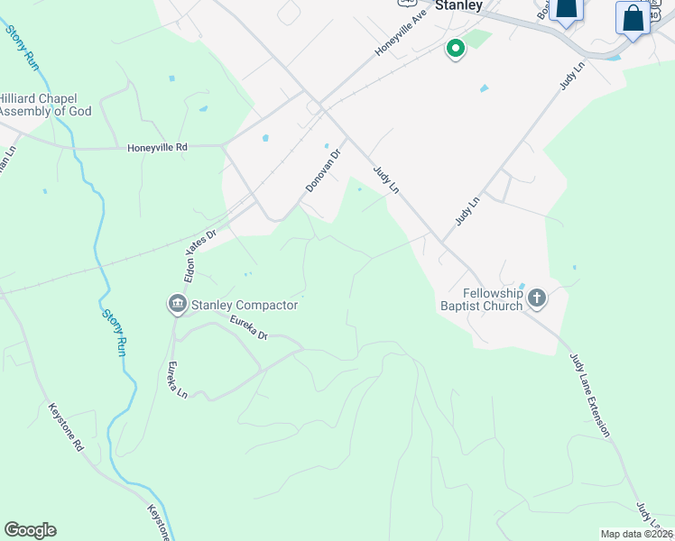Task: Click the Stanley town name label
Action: [x=458, y=5]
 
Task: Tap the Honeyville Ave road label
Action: [x=401, y=35]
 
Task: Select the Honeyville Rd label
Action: [x=156, y=147]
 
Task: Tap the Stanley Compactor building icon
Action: [x=177, y=305]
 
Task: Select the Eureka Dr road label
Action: [x=249, y=327]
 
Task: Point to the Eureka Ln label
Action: [x=177, y=381]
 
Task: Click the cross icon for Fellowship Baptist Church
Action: [x=537, y=298]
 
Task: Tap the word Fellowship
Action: [x=493, y=293]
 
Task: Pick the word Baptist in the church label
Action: [x=462, y=306]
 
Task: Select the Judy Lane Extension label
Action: [x=588, y=395]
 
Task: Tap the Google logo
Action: [x=30, y=530]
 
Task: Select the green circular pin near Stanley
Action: [x=456, y=48]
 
